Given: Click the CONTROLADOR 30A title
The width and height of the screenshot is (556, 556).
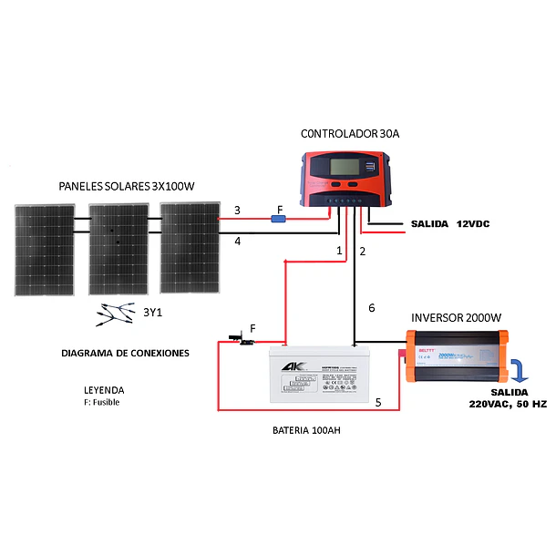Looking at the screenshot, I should [x=350, y=134].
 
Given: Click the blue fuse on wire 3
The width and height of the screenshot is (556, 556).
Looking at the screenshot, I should [x=281, y=219].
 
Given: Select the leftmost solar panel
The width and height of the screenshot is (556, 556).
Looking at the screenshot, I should [x=44, y=249].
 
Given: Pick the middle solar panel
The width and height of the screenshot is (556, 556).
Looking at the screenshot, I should [x=118, y=249].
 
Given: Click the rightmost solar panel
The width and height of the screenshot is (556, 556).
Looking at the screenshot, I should [x=190, y=248].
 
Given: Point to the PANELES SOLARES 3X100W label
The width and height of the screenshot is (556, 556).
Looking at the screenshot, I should [x=127, y=186].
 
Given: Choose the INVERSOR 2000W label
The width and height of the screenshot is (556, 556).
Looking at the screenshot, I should [x=456, y=318].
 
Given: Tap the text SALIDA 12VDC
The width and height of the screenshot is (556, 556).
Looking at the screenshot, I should [x=443, y=223].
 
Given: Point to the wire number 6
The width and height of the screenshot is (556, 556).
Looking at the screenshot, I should [x=371, y=308].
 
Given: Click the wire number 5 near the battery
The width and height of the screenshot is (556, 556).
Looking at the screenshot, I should [x=378, y=401].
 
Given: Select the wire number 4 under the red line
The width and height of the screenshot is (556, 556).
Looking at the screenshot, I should [x=237, y=242].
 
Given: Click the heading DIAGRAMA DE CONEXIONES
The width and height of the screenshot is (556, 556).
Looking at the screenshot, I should [x=126, y=352].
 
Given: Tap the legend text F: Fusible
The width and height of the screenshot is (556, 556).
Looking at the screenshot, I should [x=101, y=402].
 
